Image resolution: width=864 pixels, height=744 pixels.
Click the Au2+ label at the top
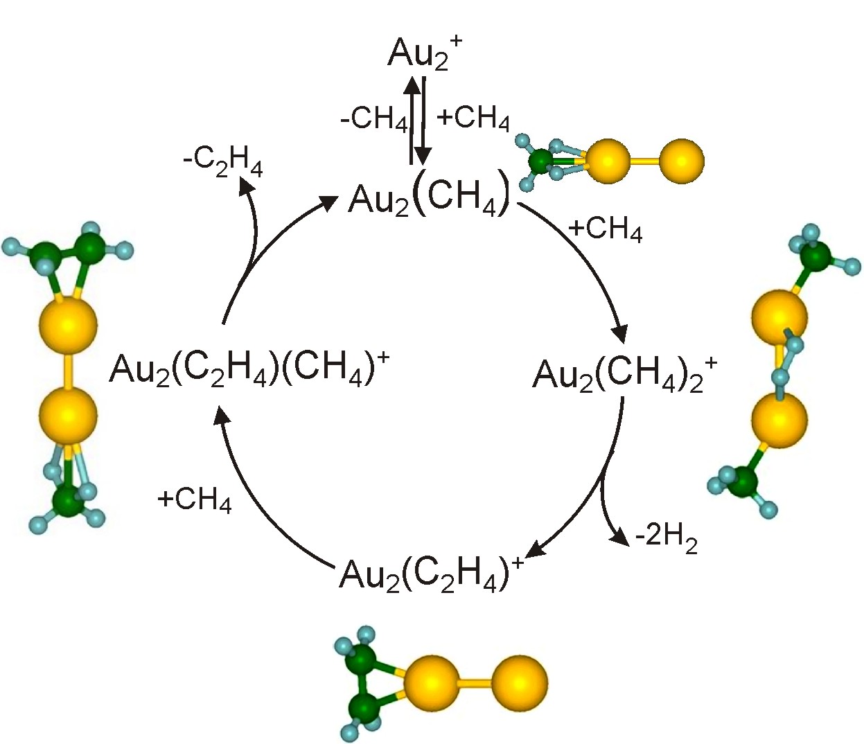click(x=424, y=53)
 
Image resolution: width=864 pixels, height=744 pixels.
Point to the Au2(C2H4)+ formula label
click(x=430, y=574)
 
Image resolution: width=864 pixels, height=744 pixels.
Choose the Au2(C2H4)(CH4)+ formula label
click(x=249, y=367)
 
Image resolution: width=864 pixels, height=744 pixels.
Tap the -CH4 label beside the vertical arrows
click(x=374, y=118)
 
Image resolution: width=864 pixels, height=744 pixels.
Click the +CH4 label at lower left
click(x=194, y=499)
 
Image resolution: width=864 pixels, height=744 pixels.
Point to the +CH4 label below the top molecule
click(x=605, y=229)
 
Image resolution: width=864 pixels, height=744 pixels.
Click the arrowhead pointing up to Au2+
click(x=412, y=85)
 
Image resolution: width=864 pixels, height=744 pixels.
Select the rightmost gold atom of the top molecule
click(x=682, y=161)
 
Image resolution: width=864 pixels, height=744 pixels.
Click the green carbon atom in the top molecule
click(x=540, y=162)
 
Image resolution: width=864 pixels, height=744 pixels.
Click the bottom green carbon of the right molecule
click(x=742, y=481)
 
